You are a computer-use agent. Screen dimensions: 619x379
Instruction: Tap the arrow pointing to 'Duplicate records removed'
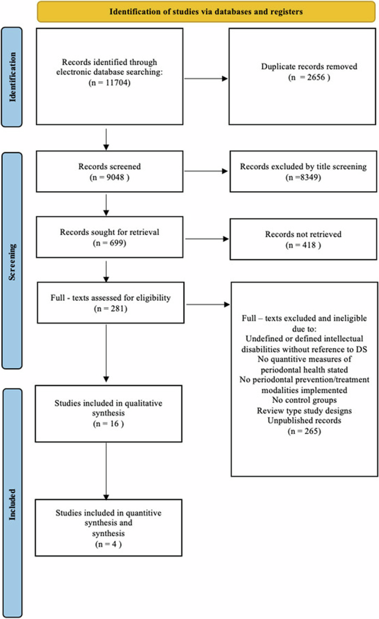point(205,78)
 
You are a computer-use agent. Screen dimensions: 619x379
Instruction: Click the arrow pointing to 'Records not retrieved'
point(205,240)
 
